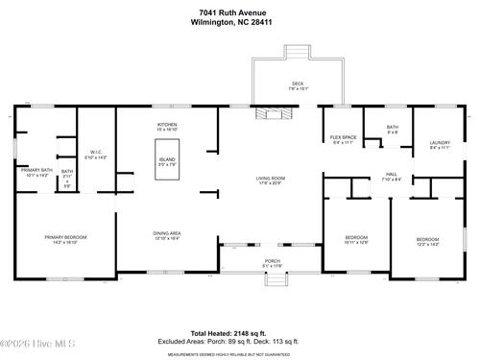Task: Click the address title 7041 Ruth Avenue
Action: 240,11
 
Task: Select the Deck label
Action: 299,84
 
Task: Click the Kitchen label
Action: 168,126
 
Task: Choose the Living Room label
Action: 270,180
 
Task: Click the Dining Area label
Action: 167,234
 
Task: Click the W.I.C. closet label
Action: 97,154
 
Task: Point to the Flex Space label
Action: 344,139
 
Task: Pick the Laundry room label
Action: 440,145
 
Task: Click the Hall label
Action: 392,177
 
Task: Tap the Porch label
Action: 273,262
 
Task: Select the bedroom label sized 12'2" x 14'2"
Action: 427,241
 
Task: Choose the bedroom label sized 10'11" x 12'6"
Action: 355,239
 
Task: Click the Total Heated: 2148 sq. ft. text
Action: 240,331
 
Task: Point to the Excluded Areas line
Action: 240,341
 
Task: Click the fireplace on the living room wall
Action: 271,112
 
